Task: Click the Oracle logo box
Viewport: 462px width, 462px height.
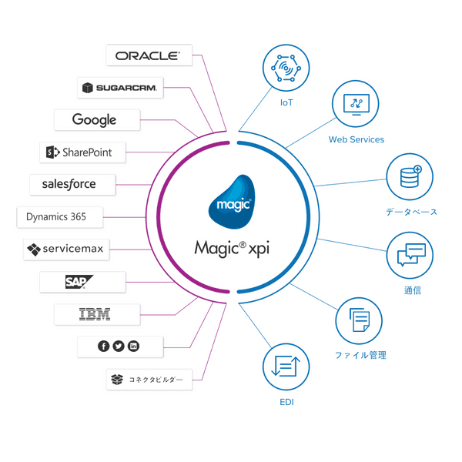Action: [147, 55]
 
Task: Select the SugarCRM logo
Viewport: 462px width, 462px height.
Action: [119, 88]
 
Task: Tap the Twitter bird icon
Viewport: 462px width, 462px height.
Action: [119, 346]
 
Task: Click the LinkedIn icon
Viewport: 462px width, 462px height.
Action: [134, 346]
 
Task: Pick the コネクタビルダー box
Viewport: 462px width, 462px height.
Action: [148, 380]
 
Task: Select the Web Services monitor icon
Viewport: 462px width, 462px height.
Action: [356, 106]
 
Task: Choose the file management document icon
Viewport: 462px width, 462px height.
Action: [360, 320]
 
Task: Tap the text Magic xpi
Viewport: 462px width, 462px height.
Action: [232, 249]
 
